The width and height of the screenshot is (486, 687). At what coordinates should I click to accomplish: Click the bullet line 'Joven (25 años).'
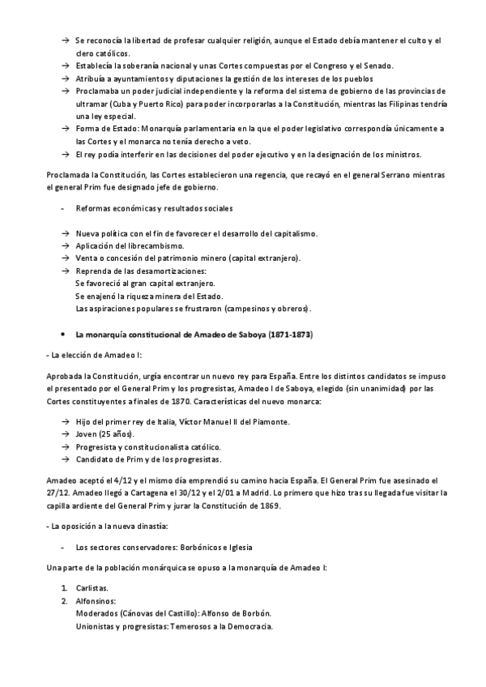(x=105, y=434)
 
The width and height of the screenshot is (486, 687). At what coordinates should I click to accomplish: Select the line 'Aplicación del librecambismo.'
(x=130, y=245)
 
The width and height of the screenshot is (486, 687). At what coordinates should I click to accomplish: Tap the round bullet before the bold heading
(x=63, y=334)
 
